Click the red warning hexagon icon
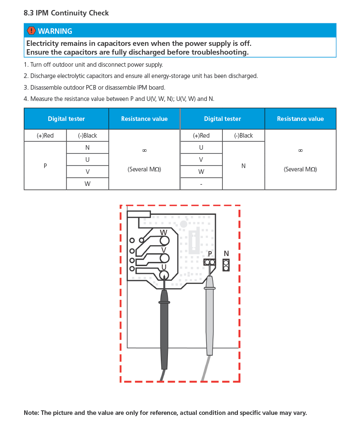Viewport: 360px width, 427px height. [x=31, y=31]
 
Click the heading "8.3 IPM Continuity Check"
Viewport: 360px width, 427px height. [x=66, y=13]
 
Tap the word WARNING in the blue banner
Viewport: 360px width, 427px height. [x=55, y=31]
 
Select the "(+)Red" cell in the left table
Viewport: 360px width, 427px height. [x=45, y=136]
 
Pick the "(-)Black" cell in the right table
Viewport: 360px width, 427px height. [x=243, y=136]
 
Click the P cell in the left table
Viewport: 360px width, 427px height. [x=45, y=166]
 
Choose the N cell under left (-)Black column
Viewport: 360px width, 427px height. [x=87, y=148]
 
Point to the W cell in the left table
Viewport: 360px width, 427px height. [x=87, y=184]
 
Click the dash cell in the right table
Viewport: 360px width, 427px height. [x=201, y=184]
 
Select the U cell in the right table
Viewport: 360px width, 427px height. [x=201, y=148]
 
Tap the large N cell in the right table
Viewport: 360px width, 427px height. [x=243, y=166]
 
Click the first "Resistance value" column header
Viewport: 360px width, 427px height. [x=144, y=119]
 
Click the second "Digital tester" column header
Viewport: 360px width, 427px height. [x=222, y=119]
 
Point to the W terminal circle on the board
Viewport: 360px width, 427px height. [x=165, y=241]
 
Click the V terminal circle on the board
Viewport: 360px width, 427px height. [x=165, y=258]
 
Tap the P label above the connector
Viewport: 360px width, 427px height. [x=210, y=254]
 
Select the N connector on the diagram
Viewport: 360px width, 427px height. [x=226, y=265]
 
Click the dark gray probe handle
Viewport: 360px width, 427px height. [x=164, y=329]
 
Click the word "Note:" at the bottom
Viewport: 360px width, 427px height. [x=32, y=413]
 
